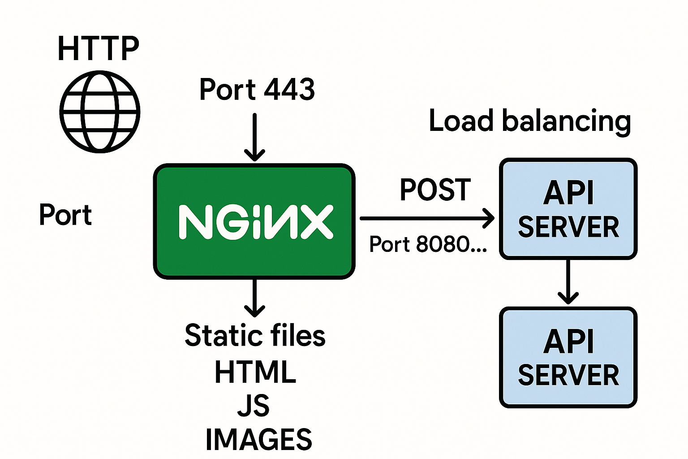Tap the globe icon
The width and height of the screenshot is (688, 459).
[100, 112]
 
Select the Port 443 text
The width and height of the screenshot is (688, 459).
[257, 89]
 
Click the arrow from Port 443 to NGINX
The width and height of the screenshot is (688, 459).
[254, 137]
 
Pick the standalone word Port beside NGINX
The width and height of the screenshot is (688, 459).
[65, 215]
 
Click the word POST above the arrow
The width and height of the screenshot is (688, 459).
[435, 190]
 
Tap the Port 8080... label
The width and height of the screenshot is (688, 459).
[428, 244]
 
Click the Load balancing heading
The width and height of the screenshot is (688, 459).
[530, 121]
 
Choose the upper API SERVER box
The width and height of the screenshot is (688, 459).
[568, 209]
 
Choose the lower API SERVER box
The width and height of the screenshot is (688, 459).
[568, 358]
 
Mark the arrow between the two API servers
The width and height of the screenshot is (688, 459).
[568, 282]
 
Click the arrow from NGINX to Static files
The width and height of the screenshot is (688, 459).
[254, 298]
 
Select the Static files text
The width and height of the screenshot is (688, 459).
[255, 336]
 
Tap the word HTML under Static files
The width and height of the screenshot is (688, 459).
[255, 372]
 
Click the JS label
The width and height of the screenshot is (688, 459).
[254, 405]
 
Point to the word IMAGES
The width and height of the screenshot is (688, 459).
[258, 439]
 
